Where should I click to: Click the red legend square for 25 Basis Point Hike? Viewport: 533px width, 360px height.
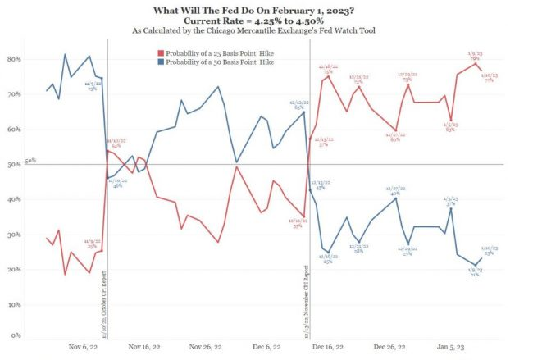tap(161, 52)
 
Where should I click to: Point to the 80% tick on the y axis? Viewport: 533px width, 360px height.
tap(14, 60)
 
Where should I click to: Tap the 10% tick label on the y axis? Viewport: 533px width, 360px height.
tap(14, 304)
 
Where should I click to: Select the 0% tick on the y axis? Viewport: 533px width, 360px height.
tap(16, 336)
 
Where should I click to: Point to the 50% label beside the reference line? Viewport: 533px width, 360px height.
tap(30, 162)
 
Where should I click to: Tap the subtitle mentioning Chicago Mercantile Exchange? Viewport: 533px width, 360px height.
tap(266, 30)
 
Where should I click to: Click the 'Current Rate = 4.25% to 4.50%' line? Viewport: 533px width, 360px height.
tap(266, 19)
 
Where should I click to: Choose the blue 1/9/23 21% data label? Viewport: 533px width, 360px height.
tap(475, 273)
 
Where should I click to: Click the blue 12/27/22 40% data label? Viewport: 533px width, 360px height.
tap(394, 191)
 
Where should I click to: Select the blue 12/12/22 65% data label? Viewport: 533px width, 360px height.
tap(298, 105)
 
